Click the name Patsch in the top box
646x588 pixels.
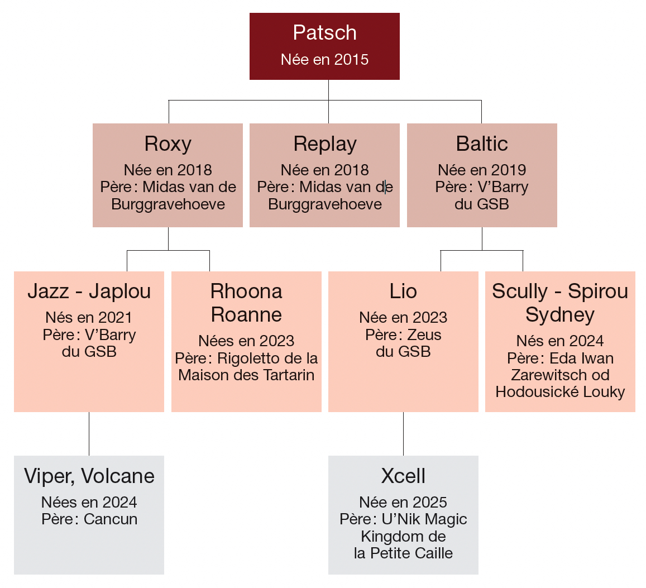[324, 33]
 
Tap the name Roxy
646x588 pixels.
[168, 144]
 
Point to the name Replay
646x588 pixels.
[325, 144]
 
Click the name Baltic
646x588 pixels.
[482, 144]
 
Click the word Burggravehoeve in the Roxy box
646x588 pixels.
[168, 204]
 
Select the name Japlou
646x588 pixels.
[120, 291]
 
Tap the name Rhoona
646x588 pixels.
[246, 291]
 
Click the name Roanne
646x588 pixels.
[246, 315]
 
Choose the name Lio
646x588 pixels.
[403, 291]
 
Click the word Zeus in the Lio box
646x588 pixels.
[424, 335]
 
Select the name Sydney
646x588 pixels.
[560, 315]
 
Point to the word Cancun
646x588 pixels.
[111, 519]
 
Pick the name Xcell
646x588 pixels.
[403, 476]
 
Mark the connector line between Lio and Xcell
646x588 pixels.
[403, 434]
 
